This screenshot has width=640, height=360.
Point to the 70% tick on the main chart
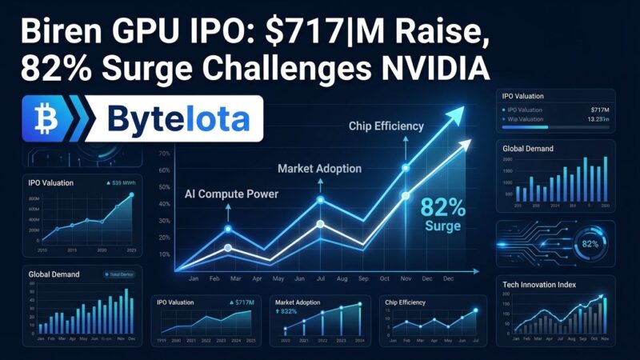click(x=163, y=154)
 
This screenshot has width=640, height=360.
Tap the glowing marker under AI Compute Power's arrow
click(x=228, y=230)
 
